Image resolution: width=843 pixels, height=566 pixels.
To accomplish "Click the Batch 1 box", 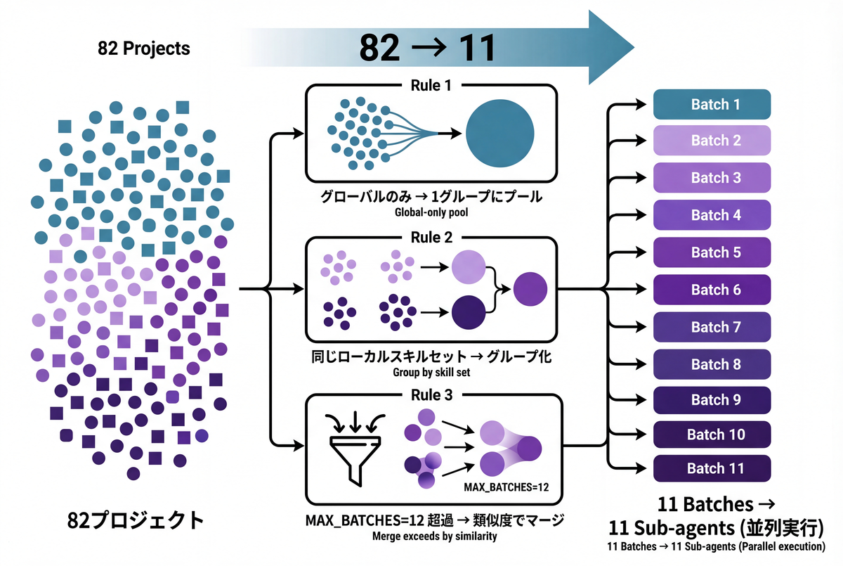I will (x=712, y=105).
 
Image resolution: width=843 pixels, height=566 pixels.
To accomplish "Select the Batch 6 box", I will (x=712, y=290).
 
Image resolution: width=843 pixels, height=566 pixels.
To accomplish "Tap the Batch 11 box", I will (x=712, y=468).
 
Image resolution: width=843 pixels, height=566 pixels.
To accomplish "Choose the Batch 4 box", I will (x=712, y=215).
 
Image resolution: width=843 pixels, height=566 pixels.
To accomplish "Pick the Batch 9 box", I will (x=712, y=400).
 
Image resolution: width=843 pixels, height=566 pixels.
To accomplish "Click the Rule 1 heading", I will (x=431, y=85).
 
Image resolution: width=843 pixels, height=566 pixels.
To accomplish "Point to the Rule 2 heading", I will (x=431, y=238).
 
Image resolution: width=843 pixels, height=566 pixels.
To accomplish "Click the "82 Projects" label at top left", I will (x=144, y=50).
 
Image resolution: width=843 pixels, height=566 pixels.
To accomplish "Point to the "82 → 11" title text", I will (x=427, y=48).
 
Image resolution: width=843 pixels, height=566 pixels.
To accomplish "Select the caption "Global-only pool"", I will (x=431, y=212).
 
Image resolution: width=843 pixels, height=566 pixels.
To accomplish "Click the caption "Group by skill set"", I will (x=431, y=372).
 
